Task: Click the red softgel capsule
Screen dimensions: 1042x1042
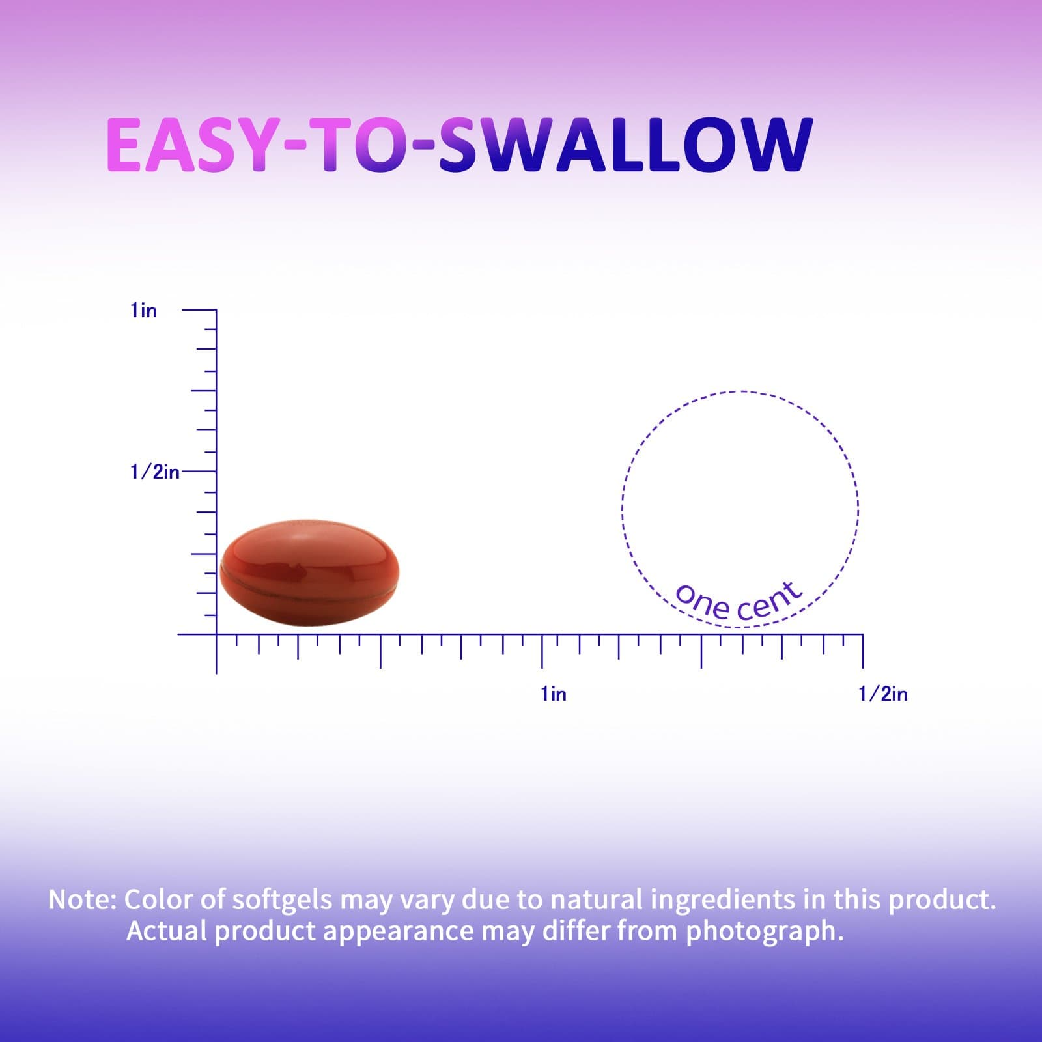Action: [309, 572]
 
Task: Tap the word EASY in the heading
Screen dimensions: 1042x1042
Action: [193, 145]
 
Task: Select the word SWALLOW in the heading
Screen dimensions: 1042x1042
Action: [625, 145]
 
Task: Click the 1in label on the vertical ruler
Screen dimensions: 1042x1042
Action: [143, 311]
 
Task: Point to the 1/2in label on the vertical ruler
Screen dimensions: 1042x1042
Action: [154, 472]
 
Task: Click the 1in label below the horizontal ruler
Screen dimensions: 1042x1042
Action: [554, 694]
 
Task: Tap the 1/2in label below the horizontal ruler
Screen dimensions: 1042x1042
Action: [882, 694]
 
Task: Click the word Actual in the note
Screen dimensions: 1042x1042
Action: [167, 931]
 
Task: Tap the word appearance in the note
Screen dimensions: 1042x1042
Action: [398, 932]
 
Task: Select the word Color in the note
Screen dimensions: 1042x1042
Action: [157, 899]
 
